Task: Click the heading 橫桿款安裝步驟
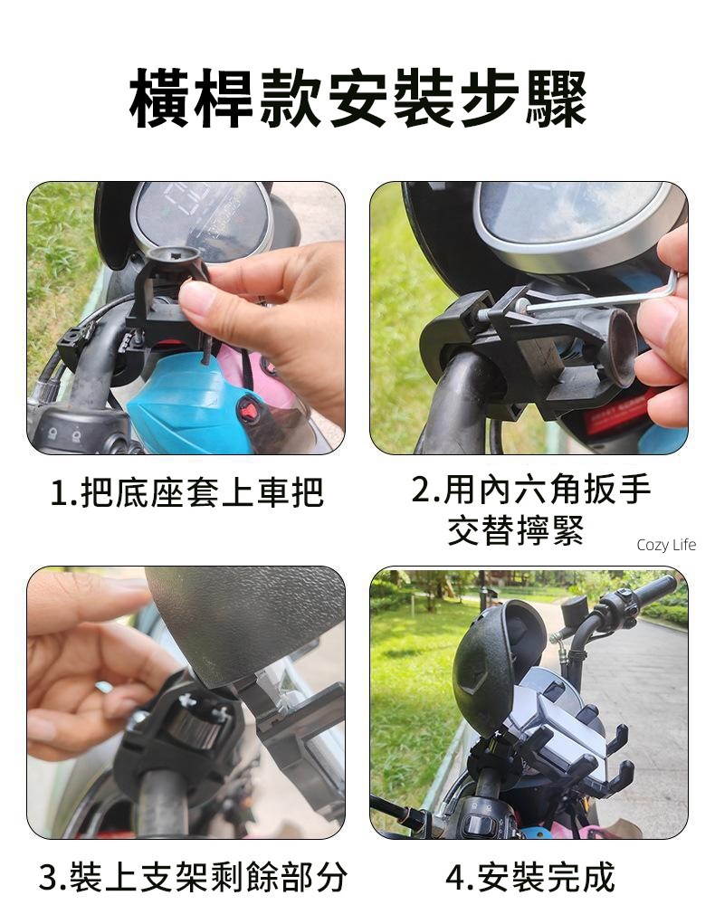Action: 357,99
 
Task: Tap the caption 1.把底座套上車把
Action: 186,492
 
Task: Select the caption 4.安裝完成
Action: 529,877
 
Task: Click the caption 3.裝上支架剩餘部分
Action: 192,877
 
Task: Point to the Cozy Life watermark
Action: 666,545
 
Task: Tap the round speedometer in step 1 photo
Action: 202,215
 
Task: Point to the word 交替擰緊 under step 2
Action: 516,529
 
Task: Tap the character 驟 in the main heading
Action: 556,99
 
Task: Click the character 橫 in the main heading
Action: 159,99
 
